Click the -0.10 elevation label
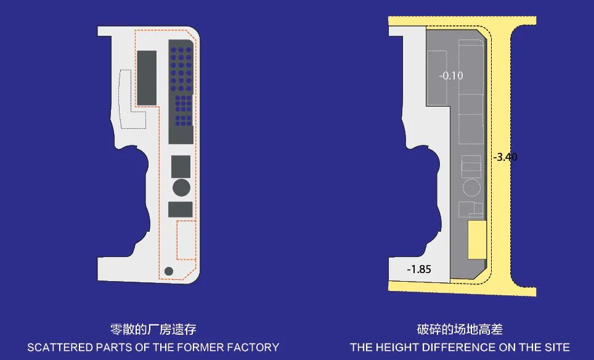tap(450, 76)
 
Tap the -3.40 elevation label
tap(505, 157)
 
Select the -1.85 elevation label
tap(419, 269)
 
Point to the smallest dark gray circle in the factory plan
tap(169, 270)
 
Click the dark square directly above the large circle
tap(181, 166)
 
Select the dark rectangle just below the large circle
tap(181, 209)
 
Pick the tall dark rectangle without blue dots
tap(147, 78)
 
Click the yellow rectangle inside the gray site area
tap(476, 240)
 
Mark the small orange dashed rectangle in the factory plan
tap(185, 240)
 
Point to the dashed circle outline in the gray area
tap(471, 187)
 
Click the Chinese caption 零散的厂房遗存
tap(153, 330)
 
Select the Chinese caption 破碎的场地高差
tap(460, 330)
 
